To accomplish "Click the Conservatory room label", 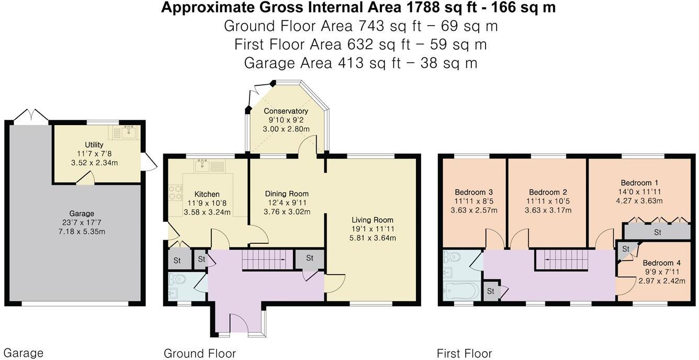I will pyautogui.click(x=286, y=111).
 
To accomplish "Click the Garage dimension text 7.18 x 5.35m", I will pyautogui.click(x=82, y=231).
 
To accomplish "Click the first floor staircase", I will pyautogui.click(x=560, y=260).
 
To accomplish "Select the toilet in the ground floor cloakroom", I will pyautogui.click(x=177, y=278).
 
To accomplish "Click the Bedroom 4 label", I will pyautogui.click(x=661, y=263).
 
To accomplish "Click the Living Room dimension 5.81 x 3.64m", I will pyautogui.click(x=372, y=238).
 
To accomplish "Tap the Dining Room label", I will pyautogui.click(x=287, y=194).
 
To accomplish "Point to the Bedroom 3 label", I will pyautogui.click(x=473, y=192).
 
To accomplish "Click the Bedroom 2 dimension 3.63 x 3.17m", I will pyautogui.click(x=547, y=210).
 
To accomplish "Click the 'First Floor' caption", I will pyautogui.click(x=464, y=353).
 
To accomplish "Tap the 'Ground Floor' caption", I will pyautogui.click(x=199, y=353).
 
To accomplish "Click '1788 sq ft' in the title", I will pyautogui.click(x=427, y=8).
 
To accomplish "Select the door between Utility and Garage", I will pyautogui.click(x=86, y=179).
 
